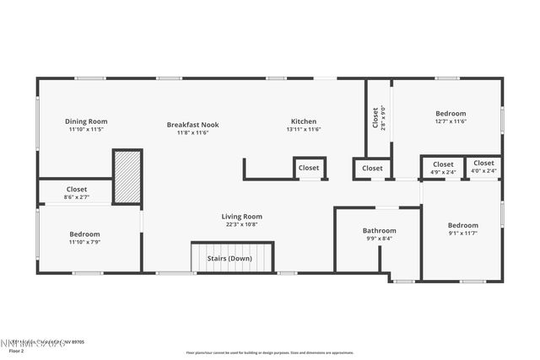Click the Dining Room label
(x=88, y=121)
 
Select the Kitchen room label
(x=304, y=121)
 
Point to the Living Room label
(x=241, y=216)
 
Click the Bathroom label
(x=379, y=230)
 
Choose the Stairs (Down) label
(x=229, y=259)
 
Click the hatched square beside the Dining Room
(x=127, y=177)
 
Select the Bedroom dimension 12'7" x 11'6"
(x=451, y=122)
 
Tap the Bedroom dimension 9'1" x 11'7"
(x=462, y=234)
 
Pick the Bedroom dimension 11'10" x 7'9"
(x=84, y=243)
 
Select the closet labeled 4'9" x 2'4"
(x=443, y=172)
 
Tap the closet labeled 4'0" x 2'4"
(x=483, y=171)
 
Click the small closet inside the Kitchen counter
(x=310, y=169)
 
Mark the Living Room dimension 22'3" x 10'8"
(x=241, y=224)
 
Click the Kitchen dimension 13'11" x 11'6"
(x=304, y=131)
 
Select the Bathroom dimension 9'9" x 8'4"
(x=379, y=239)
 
